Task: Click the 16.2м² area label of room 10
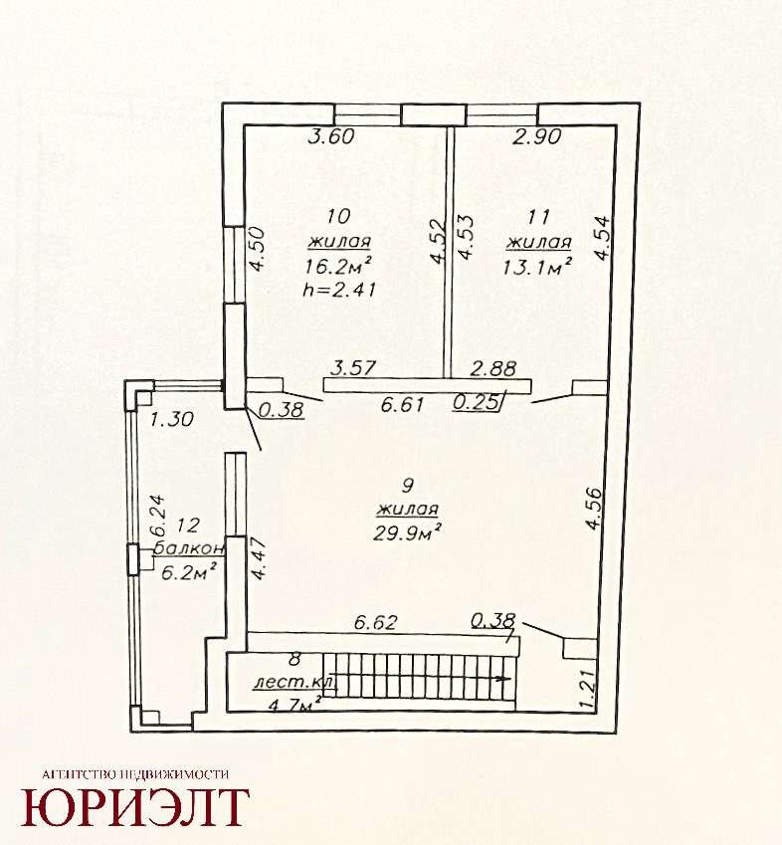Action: click(x=338, y=266)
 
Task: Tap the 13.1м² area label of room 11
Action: click(x=537, y=266)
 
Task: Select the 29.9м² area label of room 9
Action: click(x=408, y=532)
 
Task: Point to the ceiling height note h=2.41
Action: click(x=339, y=290)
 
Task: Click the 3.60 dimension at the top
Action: click(x=331, y=136)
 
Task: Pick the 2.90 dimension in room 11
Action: click(x=537, y=137)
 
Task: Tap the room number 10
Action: click(x=338, y=216)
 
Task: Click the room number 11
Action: click(x=538, y=217)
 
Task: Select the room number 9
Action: click(x=408, y=486)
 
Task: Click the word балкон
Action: click(x=189, y=548)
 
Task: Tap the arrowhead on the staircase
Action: click(x=504, y=679)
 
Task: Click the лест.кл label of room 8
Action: click(x=294, y=682)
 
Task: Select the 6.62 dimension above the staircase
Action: click(x=375, y=622)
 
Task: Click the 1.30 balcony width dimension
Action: click(x=171, y=419)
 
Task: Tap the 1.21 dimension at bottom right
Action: click(x=588, y=689)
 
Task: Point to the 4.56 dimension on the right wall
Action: click(x=595, y=510)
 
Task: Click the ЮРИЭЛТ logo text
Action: click(x=135, y=807)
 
